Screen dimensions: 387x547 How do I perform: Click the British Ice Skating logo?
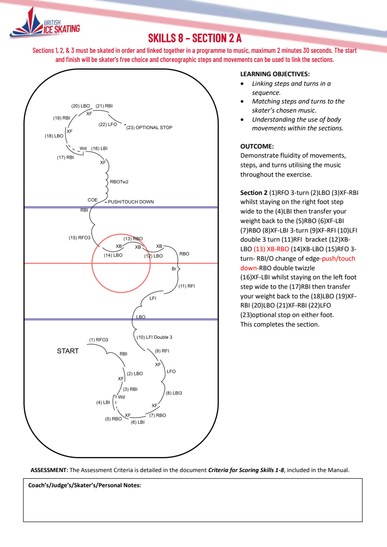coord(45,23)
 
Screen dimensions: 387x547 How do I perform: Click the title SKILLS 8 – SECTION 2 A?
coord(195,38)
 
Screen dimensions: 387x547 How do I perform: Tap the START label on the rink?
coord(68,351)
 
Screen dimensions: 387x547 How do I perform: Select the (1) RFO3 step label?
coord(98,340)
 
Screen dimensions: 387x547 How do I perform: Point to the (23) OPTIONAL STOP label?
coord(149,127)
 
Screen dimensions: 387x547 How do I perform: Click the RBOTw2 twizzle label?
coord(119,181)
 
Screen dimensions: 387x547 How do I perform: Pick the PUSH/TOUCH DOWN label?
coord(131,202)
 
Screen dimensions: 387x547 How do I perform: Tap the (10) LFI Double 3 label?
coord(154,337)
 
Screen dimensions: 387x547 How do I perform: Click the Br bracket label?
coord(174,269)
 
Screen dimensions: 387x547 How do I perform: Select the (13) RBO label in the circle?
coord(133,239)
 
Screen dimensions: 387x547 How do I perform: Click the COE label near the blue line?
coord(93,200)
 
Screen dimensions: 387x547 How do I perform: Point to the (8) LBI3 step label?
coord(174,393)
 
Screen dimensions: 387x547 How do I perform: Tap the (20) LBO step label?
coord(81,106)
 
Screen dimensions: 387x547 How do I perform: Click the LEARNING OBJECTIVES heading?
coord(275,74)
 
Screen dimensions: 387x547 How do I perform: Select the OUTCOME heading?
coord(257,146)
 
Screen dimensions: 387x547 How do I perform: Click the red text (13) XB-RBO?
coord(271,249)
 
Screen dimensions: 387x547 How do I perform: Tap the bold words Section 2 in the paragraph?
coord(254,193)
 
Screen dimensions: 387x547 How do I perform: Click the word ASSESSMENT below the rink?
coord(49,470)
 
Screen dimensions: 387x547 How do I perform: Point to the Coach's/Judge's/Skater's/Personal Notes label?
coord(85,485)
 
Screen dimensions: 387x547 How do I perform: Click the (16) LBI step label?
coord(99,149)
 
